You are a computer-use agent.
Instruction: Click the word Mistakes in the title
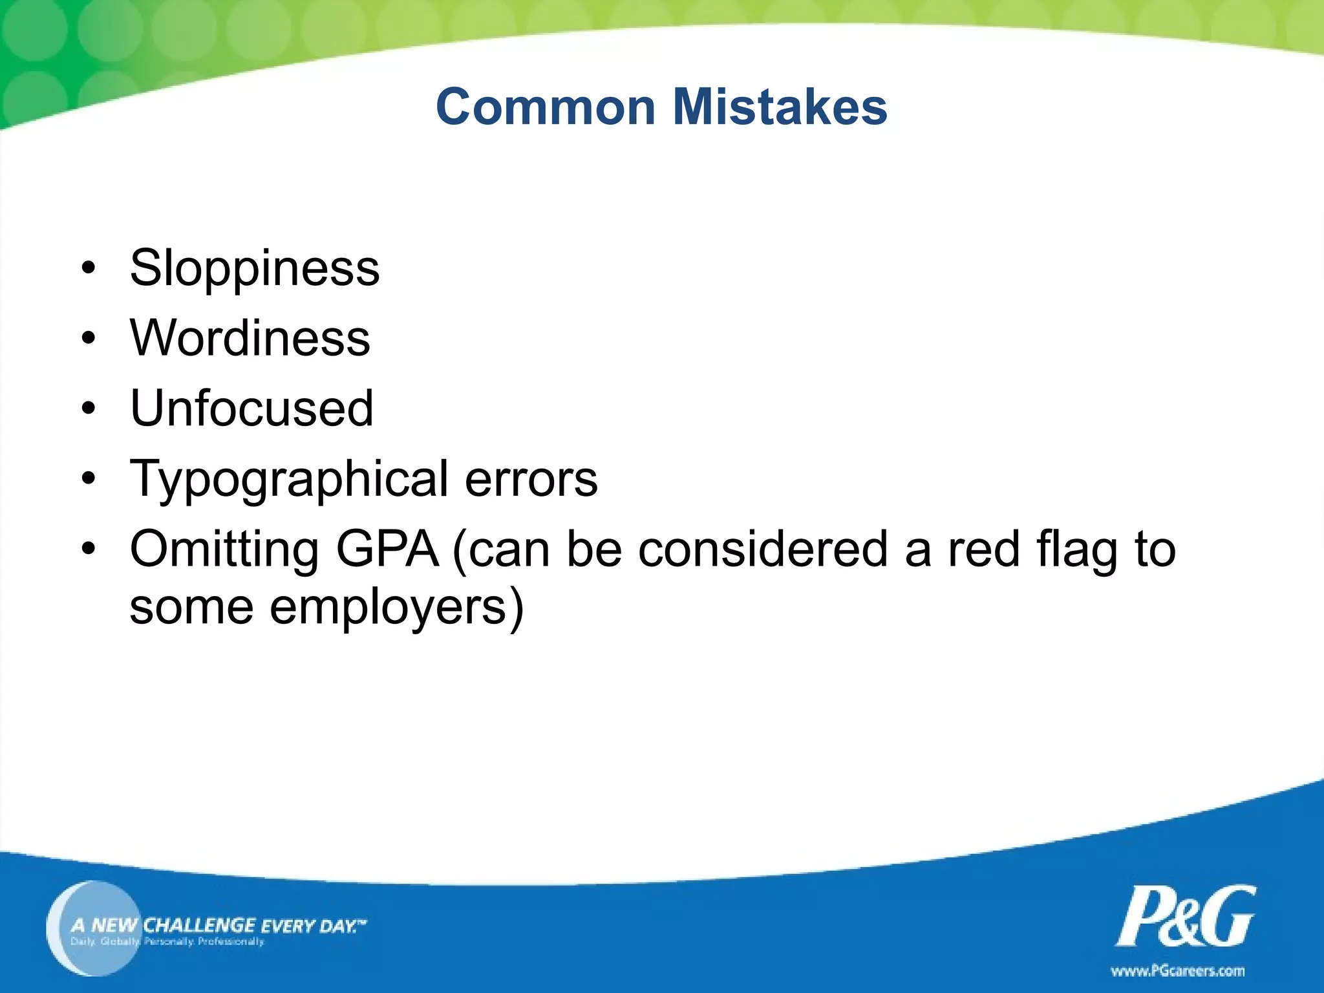pyautogui.click(x=780, y=107)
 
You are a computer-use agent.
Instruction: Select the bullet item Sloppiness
pyautogui.click(x=254, y=268)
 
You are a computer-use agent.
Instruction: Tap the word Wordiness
pyautogui.click(x=250, y=338)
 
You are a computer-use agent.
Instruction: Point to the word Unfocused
pyautogui.click(x=251, y=409)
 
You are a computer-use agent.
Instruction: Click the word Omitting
pyautogui.click(x=224, y=550)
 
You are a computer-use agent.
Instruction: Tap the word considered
pyautogui.click(x=763, y=550)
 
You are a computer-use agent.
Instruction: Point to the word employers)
pyautogui.click(x=396, y=608)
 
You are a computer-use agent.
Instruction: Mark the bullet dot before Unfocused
pyautogui.click(x=89, y=409)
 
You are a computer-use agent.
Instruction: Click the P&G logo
pyautogui.click(x=1186, y=916)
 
